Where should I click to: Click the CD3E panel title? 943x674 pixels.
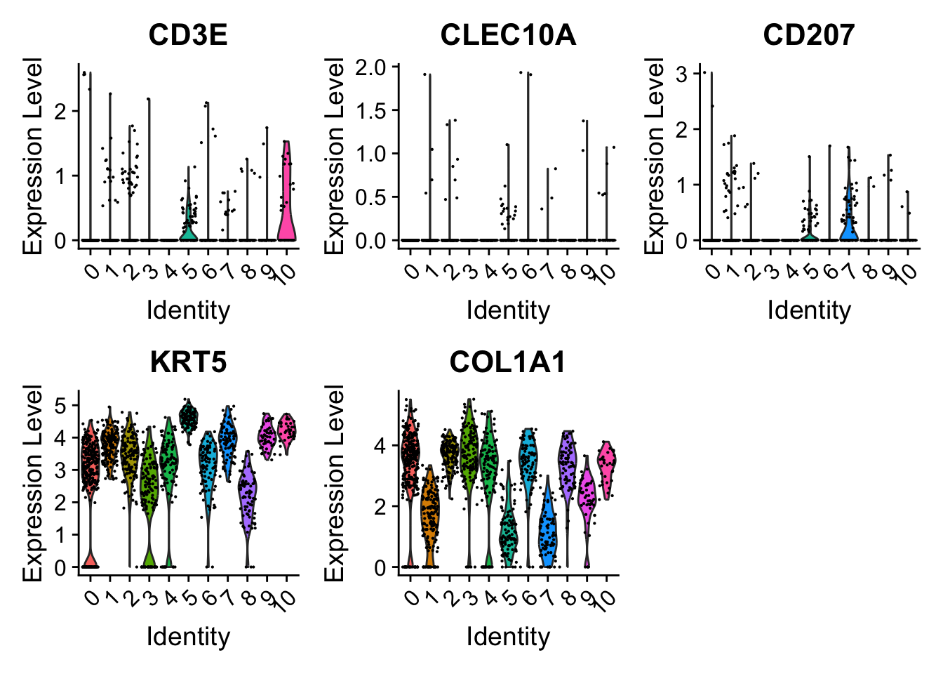tap(188, 35)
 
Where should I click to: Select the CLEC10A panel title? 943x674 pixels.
tap(508, 35)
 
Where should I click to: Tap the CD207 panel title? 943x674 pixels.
tap(809, 35)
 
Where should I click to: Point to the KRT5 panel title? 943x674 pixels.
tap(188, 362)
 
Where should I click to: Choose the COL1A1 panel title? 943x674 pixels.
tap(508, 362)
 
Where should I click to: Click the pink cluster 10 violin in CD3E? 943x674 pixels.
tap(286, 211)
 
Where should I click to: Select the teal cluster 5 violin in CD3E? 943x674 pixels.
tap(187, 229)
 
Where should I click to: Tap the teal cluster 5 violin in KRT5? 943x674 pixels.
tap(189, 416)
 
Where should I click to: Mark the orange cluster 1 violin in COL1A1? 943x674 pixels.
tap(429, 516)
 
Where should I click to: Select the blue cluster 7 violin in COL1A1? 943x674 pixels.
tap(548, 527)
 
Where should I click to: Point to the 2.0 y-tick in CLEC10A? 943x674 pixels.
tap(371, 67)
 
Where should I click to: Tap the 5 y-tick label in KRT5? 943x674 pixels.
tap(60, 406)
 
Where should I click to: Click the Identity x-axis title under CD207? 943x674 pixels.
tap(809, 310)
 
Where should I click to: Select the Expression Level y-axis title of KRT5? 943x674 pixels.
tap(32, 483)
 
